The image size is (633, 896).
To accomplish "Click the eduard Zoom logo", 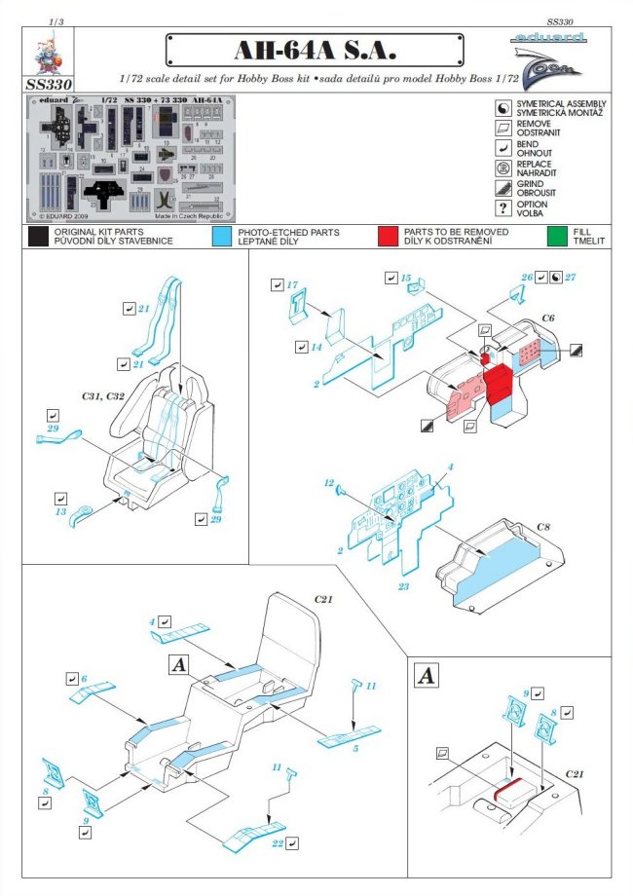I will point(550,59).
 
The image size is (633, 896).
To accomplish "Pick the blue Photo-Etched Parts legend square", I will point(221,236).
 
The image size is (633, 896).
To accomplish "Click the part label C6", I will point(549,318).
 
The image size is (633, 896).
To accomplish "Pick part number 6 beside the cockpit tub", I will point(84,678).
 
